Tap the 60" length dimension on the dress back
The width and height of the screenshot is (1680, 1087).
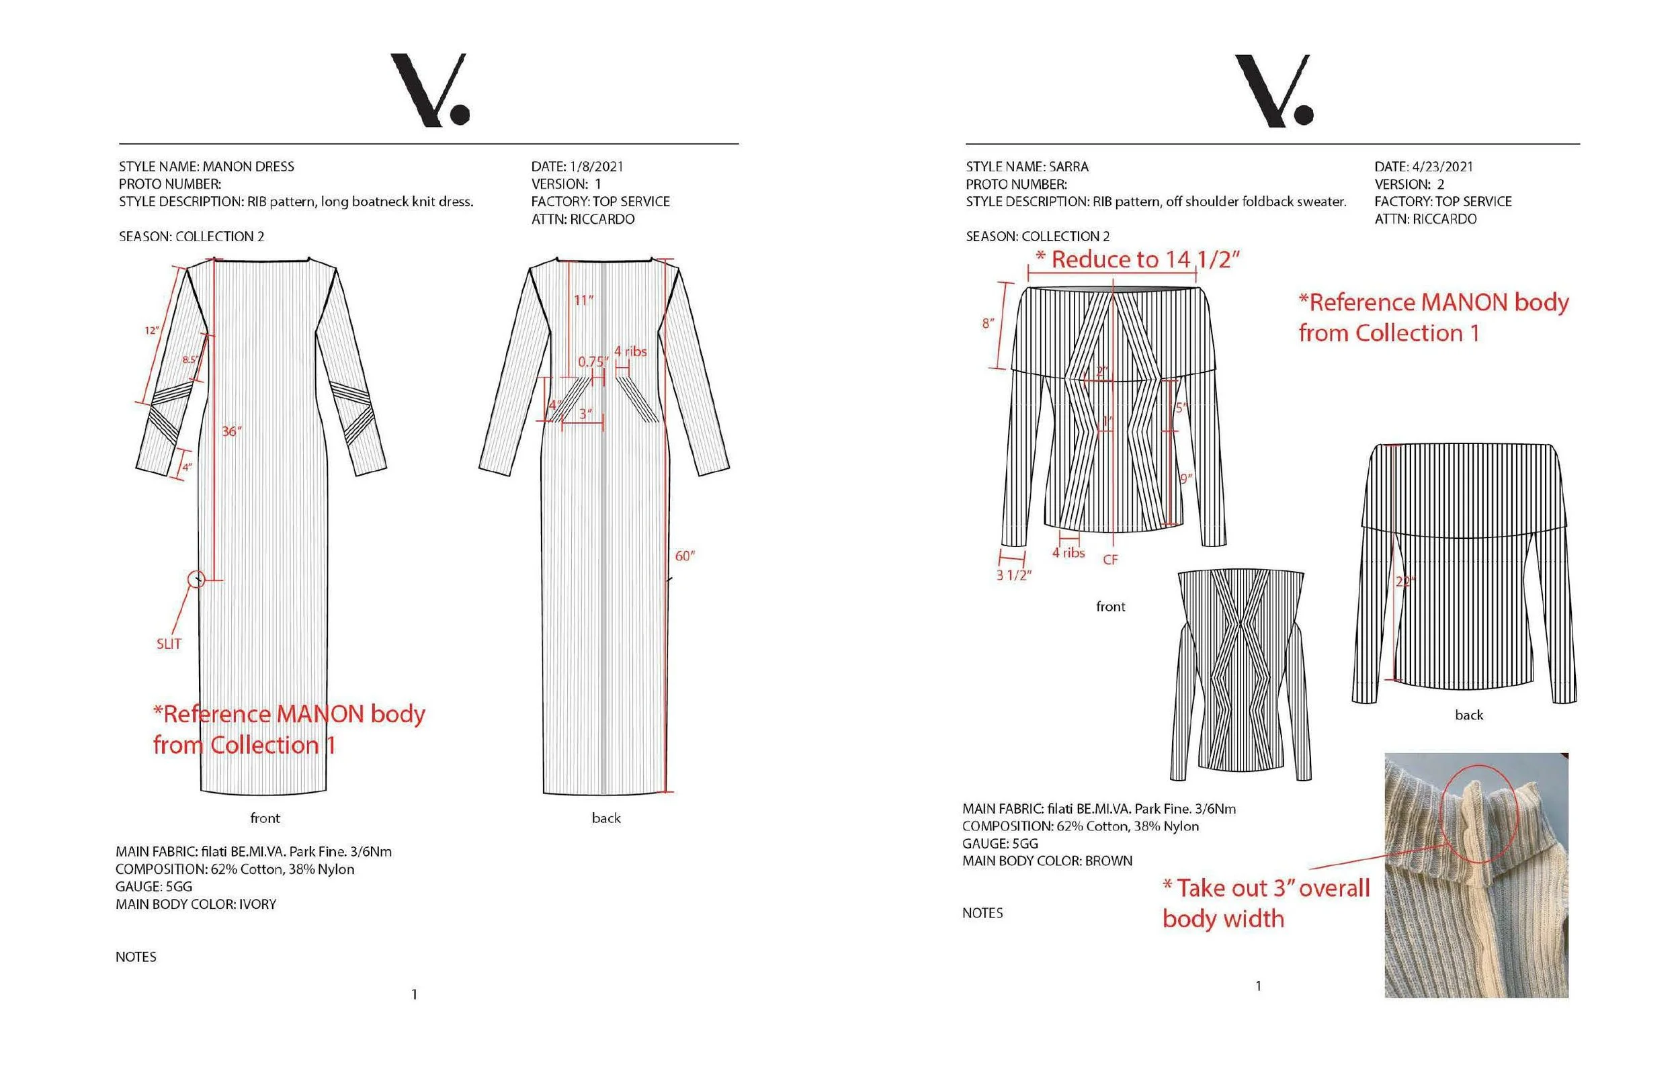pos(684,556)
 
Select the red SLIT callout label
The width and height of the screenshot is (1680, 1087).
pos(169,644)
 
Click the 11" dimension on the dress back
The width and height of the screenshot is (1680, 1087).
pos(584,301)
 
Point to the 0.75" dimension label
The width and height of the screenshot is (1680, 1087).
pos(592,362)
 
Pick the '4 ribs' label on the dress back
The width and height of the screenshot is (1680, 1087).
pos(630,351)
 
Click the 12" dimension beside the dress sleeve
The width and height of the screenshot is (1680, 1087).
pos(152,331)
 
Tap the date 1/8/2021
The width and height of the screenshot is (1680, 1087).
pos(597,167)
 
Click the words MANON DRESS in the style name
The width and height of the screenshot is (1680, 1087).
pos(249,167)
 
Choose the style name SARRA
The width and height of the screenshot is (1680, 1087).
pos(1068,167)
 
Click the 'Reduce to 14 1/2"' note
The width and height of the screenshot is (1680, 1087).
pos(1138,260)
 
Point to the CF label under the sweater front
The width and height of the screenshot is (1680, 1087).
pos(1110,560)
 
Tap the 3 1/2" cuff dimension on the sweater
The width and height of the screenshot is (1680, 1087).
pos(1013,575)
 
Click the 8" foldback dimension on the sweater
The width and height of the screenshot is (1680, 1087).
pos(988,324)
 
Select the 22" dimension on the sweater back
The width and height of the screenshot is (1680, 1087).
pos(1404,582)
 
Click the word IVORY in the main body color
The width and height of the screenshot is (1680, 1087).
pos(257,904)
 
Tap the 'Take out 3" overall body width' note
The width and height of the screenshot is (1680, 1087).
pos(1265,904)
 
